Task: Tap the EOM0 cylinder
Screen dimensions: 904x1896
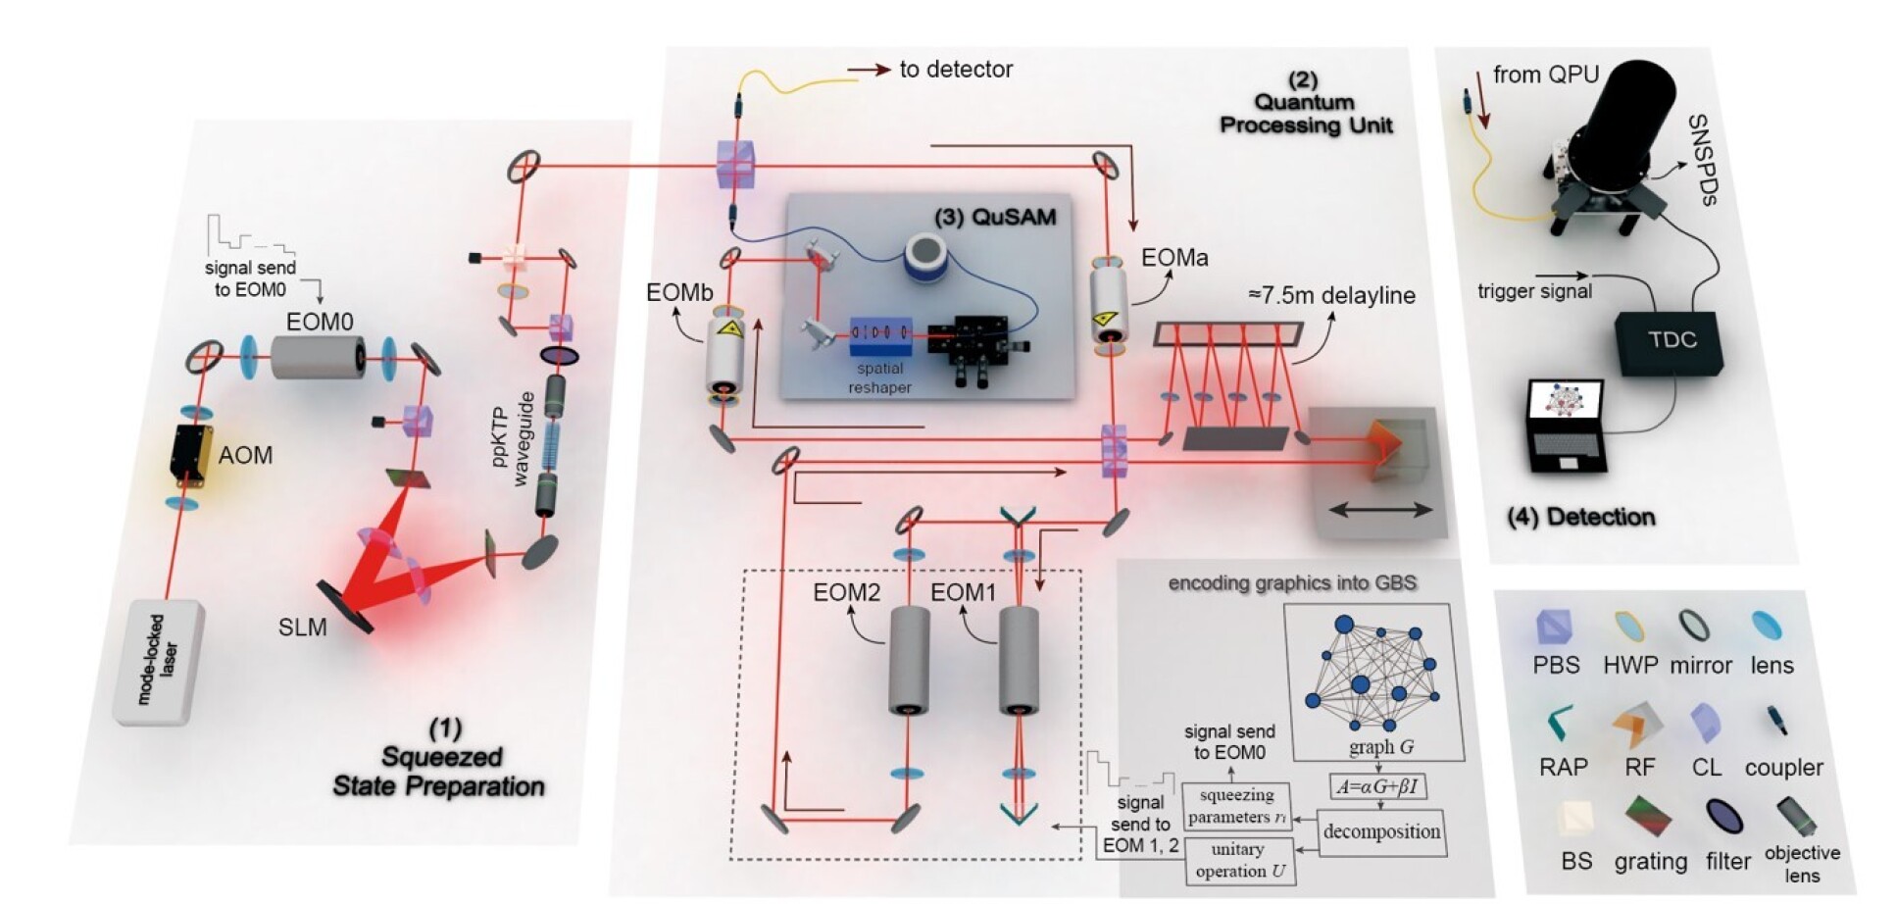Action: pos(318,357)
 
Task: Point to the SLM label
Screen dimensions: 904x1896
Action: pos(302,628)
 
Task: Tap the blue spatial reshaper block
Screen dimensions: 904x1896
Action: pos(879,336)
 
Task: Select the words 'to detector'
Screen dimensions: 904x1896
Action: pos(955,70)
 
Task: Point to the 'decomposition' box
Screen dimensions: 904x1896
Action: pos(1381,832)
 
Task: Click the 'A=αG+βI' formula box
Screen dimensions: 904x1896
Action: pos(1378,786)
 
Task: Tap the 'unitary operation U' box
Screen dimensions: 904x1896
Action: pos(1239,861)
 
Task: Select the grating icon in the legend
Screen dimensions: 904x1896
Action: pos(1648,818)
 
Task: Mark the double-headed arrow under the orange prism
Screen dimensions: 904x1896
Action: pos(1380,509)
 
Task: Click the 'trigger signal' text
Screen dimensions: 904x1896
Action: pos(1534,291)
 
